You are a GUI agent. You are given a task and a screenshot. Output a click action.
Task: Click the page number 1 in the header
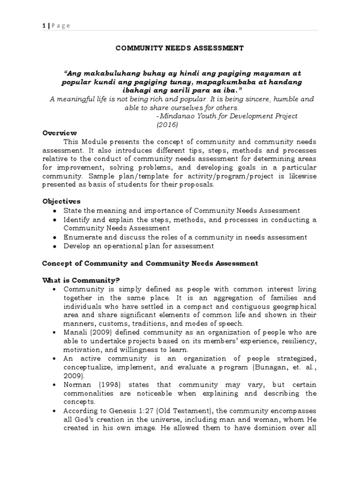(x=44, y=26)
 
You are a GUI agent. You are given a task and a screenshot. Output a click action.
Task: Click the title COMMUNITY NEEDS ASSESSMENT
(x=180, y=48)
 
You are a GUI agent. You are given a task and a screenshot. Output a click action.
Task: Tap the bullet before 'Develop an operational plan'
(x=55, y=246)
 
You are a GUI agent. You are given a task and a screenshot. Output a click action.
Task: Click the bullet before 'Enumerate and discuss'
(x=55, y=237)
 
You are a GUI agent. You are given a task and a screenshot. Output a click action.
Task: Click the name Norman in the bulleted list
(x=76, y=384)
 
